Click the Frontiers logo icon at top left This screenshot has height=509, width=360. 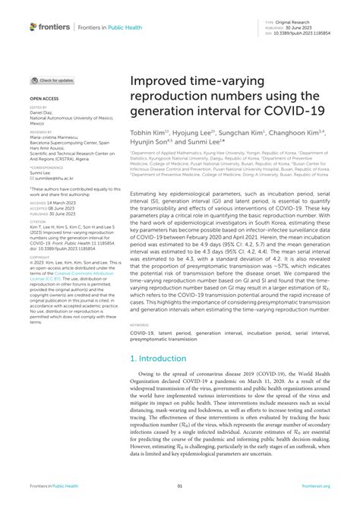(33, 27)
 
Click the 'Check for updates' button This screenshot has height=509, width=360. (52, 80)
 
